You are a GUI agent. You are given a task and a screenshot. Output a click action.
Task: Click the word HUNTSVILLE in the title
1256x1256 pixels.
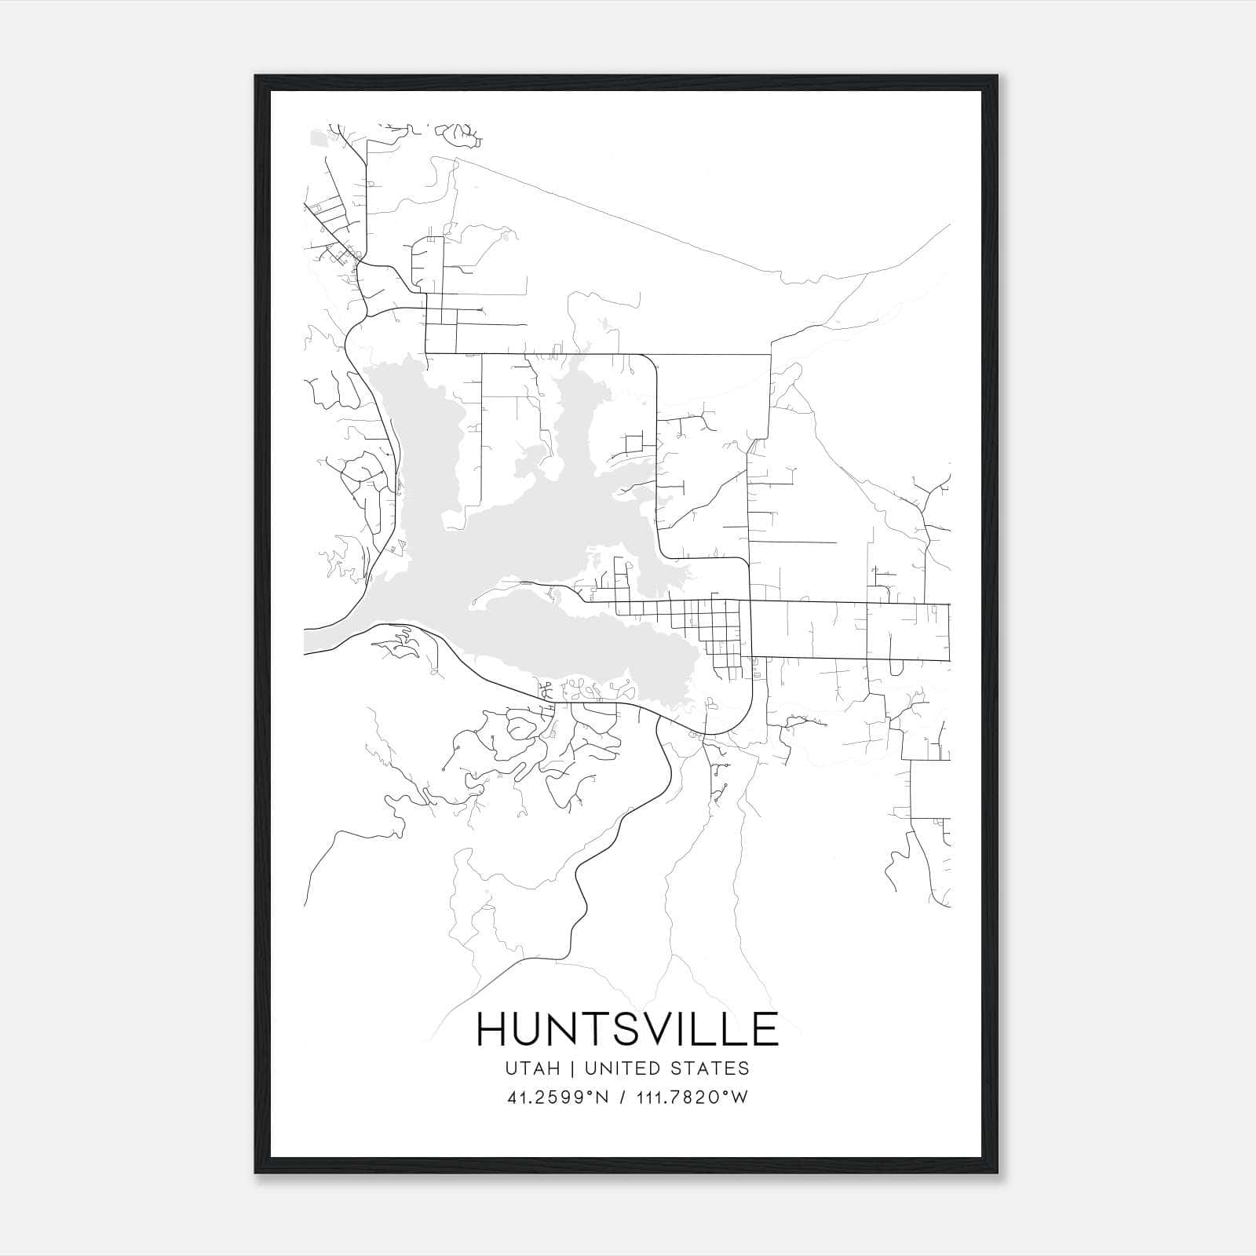(x=627, y=1029)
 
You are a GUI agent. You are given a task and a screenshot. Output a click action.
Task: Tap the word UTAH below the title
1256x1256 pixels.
(x=532, y=1068)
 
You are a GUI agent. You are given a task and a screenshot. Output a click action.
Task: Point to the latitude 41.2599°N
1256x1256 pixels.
(x=558, y=1097)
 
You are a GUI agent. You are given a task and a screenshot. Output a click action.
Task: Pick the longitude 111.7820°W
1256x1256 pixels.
(x=692, y=1097)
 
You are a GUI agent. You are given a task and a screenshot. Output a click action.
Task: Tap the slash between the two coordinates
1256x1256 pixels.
(x=623, y=1097)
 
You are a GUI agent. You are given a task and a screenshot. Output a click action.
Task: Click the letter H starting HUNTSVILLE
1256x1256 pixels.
(x=493, y=1029)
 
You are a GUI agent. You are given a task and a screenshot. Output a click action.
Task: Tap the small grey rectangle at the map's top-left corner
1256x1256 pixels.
(x=319, y=139)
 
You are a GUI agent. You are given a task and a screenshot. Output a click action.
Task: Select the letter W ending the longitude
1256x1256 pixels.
(x=739, y=1097)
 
